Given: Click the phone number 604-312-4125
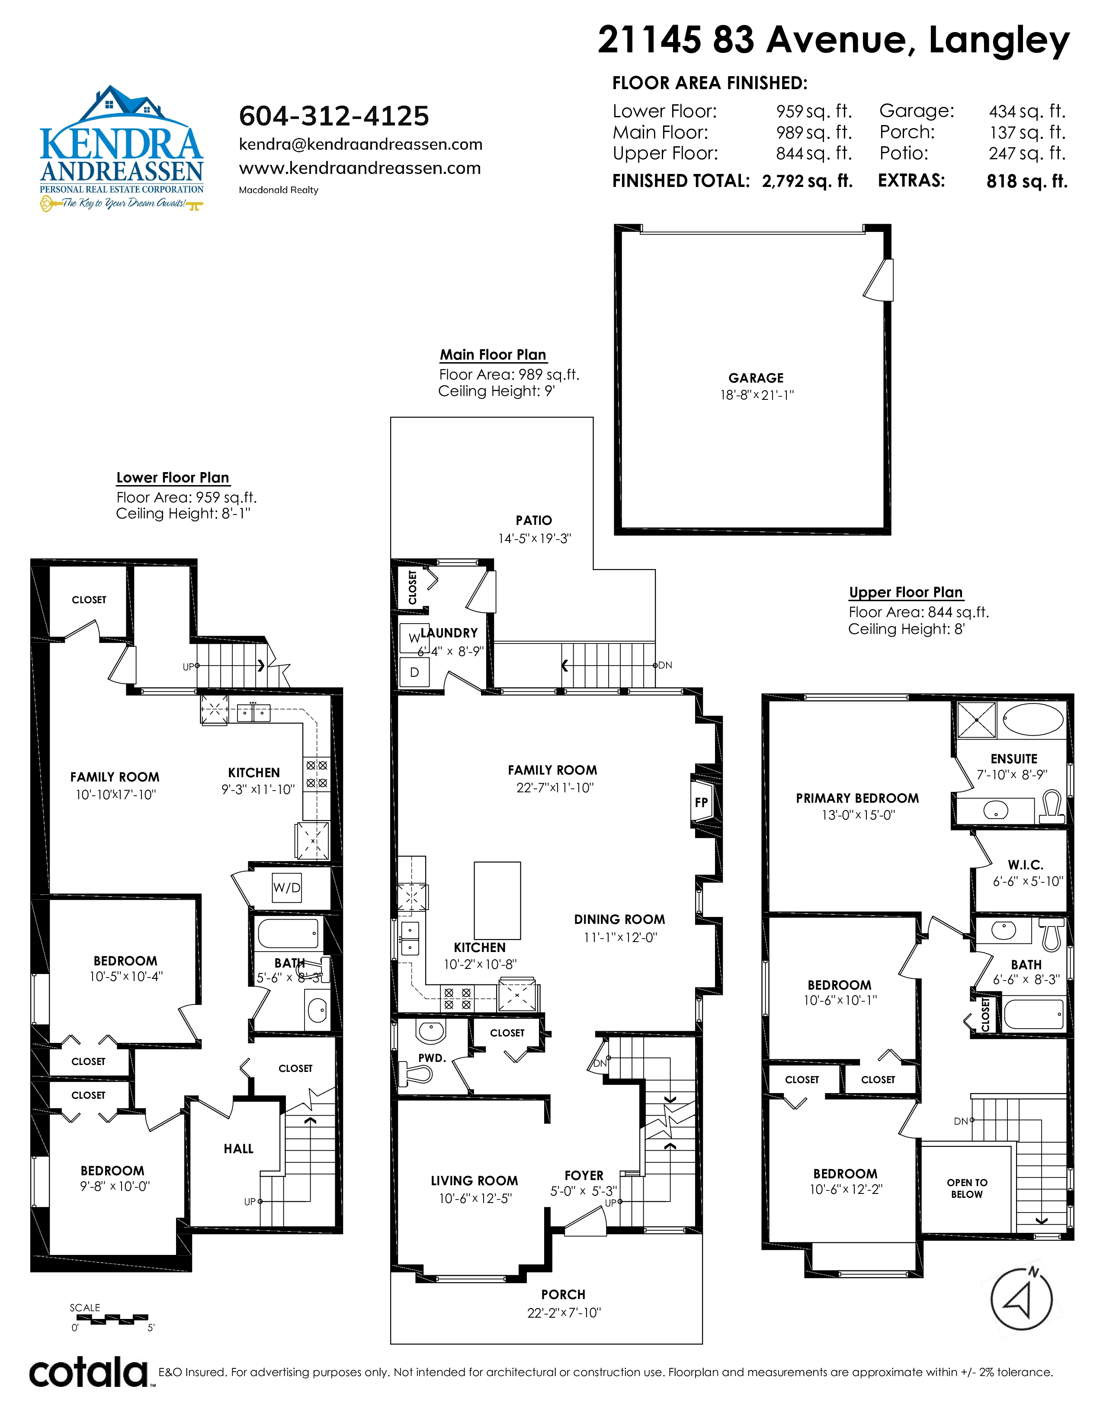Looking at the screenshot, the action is click(334, 116).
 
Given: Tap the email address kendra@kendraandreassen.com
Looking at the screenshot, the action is click(361, 145).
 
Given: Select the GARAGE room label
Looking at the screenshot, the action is click(756, 378).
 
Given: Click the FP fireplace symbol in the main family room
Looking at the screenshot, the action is click(701, 802).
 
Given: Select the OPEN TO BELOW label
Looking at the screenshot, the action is click(967, 1188).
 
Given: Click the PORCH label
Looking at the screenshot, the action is click(563, 1294).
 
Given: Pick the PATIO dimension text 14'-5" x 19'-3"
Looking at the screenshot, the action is click(535, 538).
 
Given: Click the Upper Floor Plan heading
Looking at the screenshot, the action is click(906, 592).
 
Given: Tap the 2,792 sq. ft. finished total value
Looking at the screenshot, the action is click(807, 181).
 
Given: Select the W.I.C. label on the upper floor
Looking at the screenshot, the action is click(1025, 865).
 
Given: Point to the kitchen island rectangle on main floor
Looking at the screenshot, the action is click(497, 901).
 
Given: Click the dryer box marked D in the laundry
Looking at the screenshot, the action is click(414, 672).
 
